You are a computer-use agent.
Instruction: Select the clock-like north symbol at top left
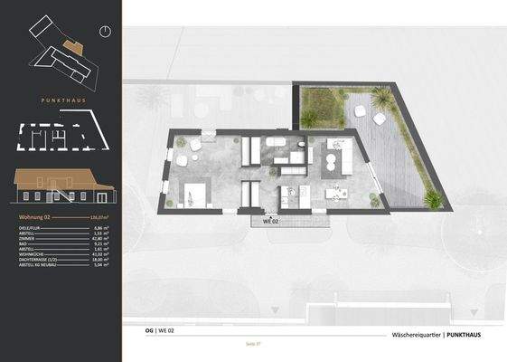[x=105, y=31]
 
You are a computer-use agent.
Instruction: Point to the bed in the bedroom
[x=196, y=192]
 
